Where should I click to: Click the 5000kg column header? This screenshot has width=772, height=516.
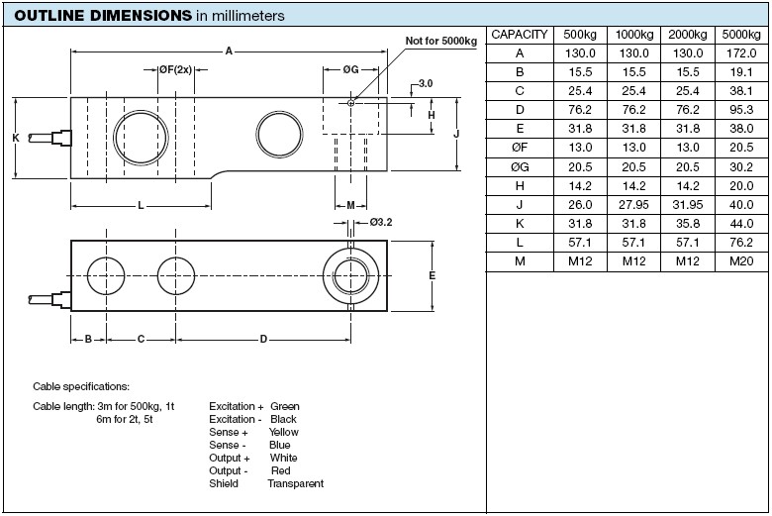point(741,35)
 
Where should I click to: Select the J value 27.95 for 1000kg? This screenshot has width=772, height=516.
point(633,205)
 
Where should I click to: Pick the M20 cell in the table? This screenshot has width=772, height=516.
point(741,261)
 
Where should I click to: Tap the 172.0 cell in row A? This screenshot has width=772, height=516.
point(741,53)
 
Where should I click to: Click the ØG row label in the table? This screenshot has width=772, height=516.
point(520,167)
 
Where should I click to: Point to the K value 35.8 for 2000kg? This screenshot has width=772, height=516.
point(687,224)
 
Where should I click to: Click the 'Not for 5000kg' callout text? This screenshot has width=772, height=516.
point(441,41)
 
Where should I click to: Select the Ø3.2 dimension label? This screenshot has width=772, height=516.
point(381,222)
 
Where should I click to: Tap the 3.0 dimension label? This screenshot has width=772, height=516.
point(425,83)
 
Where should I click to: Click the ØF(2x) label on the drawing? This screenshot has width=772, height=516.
point(175,70)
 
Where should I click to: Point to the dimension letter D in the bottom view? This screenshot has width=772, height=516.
point(263,339)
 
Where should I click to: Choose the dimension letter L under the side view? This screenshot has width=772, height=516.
point(141,206)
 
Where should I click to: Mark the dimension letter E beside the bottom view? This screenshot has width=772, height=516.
point(432,275)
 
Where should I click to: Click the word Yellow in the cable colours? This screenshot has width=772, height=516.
point(284,432)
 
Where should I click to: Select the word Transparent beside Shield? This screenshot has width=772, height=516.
point(295,483)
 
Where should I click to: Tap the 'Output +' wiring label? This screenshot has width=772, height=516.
point(230,458)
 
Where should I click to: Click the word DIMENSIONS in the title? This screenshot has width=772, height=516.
point(141,15)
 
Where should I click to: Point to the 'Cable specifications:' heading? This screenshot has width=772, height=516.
point(81,386)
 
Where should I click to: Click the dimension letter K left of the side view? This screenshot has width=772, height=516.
point(16,138)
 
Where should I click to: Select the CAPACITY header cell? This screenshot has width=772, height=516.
point(520,35)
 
